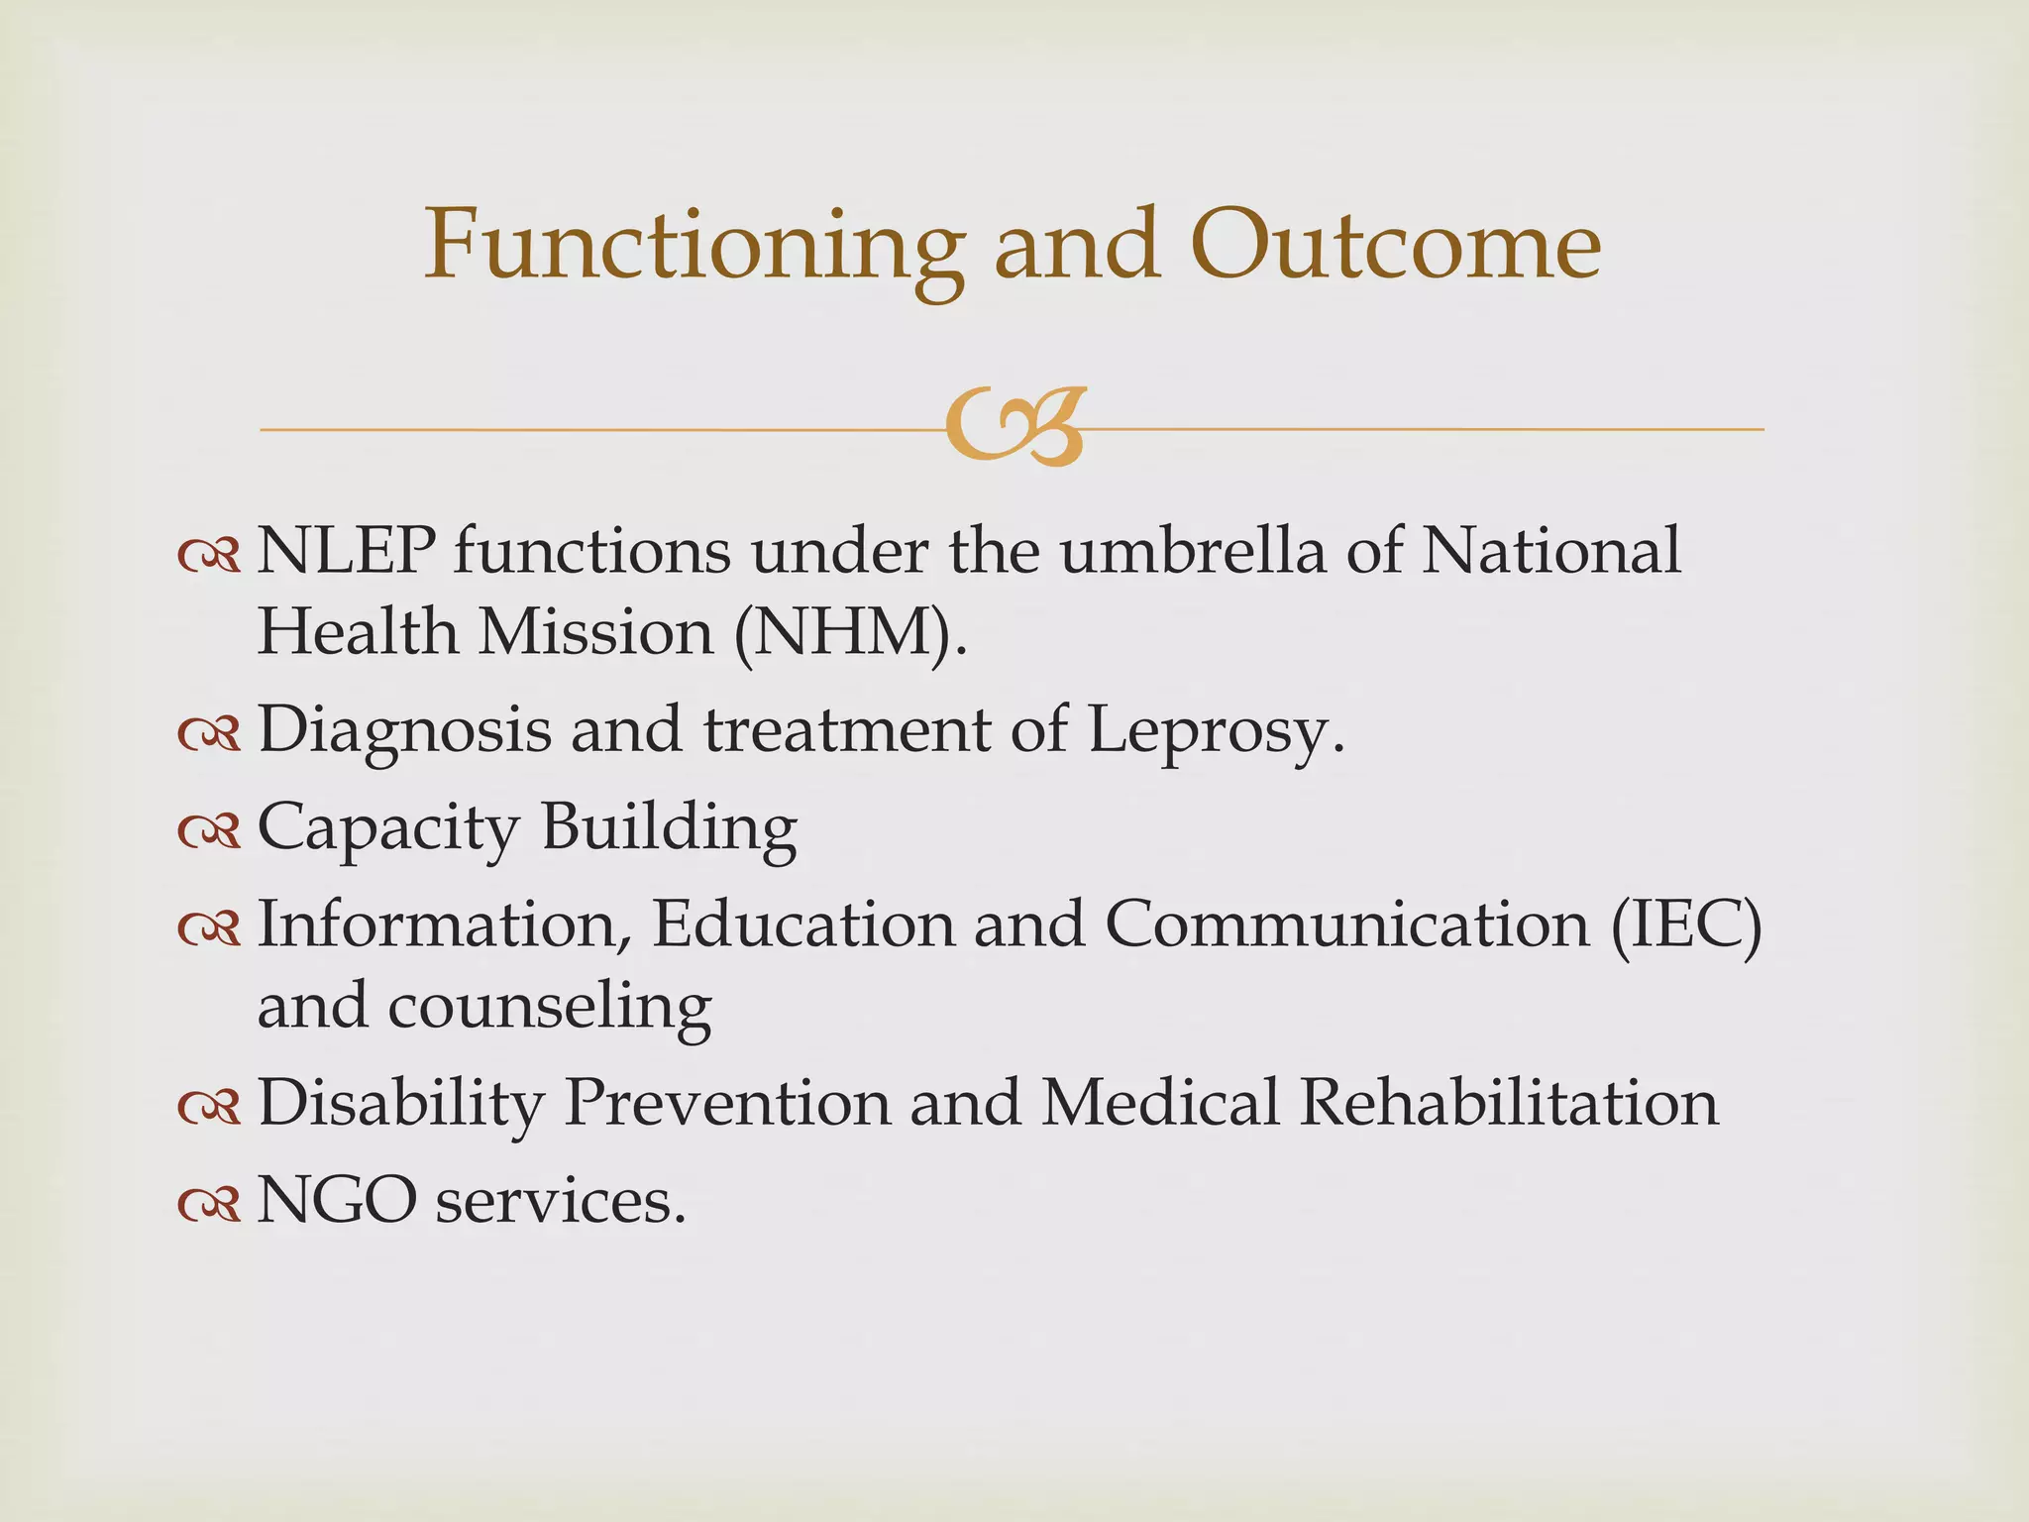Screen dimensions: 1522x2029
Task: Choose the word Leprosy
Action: (x=1217, y=731)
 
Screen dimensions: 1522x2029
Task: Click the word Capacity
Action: (x=387, y=827)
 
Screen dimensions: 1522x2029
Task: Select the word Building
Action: (x=669, y=827)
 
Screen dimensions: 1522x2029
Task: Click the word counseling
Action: (x=549, y=1007)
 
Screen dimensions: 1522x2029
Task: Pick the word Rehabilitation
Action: (x=1508, y=1102)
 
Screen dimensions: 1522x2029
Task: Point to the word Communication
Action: (x=1346, y=924)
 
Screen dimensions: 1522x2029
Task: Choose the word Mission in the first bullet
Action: (x=595, y=632)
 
